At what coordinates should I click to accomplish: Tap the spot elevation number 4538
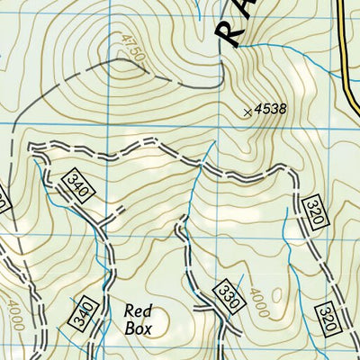(x=269, y=109)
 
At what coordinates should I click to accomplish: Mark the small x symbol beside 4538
(x=247, y=112)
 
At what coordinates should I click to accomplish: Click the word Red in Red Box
(x=139, y=310)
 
